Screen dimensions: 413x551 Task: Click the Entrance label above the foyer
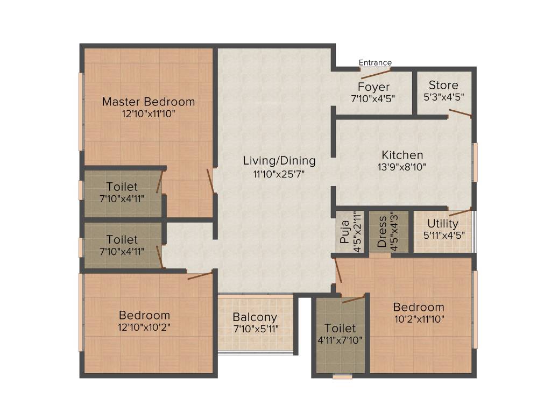click(x=375, y=63)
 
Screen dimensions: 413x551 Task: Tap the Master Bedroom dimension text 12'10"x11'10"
click(x=149, y=114)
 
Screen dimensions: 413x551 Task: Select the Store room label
click(x=443, y=86)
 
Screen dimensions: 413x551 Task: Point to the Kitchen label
click(x=402, y=155)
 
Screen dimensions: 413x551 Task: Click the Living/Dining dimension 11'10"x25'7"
click(x=279, y=174)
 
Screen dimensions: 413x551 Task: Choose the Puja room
click(x=345, y=231)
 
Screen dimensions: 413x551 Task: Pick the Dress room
click(x=383, y=231)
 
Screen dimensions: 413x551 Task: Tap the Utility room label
click(x=443, y=223)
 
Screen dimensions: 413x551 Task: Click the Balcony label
click(x=255, y=317)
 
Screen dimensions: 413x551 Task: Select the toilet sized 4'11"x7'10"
click(x=340, y=333)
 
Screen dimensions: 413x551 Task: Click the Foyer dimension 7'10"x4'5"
click(x=373, y=99)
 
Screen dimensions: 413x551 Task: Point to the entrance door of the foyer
click(x=375, y=74)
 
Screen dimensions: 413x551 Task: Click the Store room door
click(x=460, y=113)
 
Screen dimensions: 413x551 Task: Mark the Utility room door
click(x=460, y=211)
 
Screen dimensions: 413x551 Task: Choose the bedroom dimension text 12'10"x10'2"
click(x=145, y=327)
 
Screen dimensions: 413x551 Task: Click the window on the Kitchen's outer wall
click(x=475, y=162)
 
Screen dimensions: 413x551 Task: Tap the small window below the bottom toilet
click(x=342, y=377)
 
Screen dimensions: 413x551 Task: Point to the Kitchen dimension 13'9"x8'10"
click(x=402, y=167)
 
